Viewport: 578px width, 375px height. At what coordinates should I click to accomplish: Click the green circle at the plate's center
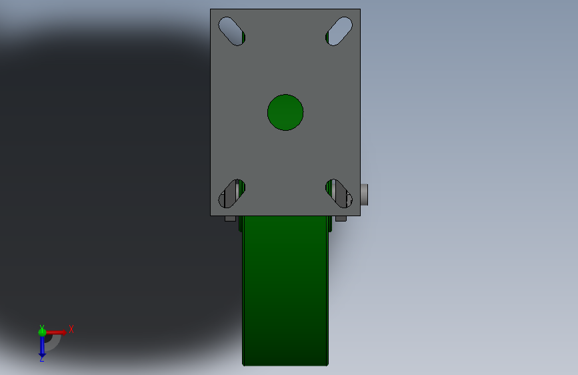(285, 112)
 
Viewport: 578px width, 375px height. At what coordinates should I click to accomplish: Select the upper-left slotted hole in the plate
(232, 31)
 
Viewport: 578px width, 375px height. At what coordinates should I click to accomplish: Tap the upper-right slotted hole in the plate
(339, 31)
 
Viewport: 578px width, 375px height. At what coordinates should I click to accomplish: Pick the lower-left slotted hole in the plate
(232, 194)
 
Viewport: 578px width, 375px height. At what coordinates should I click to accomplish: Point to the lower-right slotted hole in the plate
(339, 194)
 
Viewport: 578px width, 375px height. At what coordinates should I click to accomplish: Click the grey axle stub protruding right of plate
(364, 195)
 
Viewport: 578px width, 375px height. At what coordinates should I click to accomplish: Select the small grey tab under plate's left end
(230, 218)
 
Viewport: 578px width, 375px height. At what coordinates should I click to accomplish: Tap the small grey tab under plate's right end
(341, 218)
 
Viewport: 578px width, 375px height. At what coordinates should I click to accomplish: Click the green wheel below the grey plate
(285, 291)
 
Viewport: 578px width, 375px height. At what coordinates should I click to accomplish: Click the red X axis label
(71, 329)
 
